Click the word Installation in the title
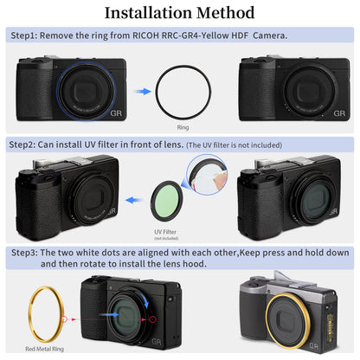pos(150,13)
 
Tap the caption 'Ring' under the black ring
pos(182,126)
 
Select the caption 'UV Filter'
pos(165,232)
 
